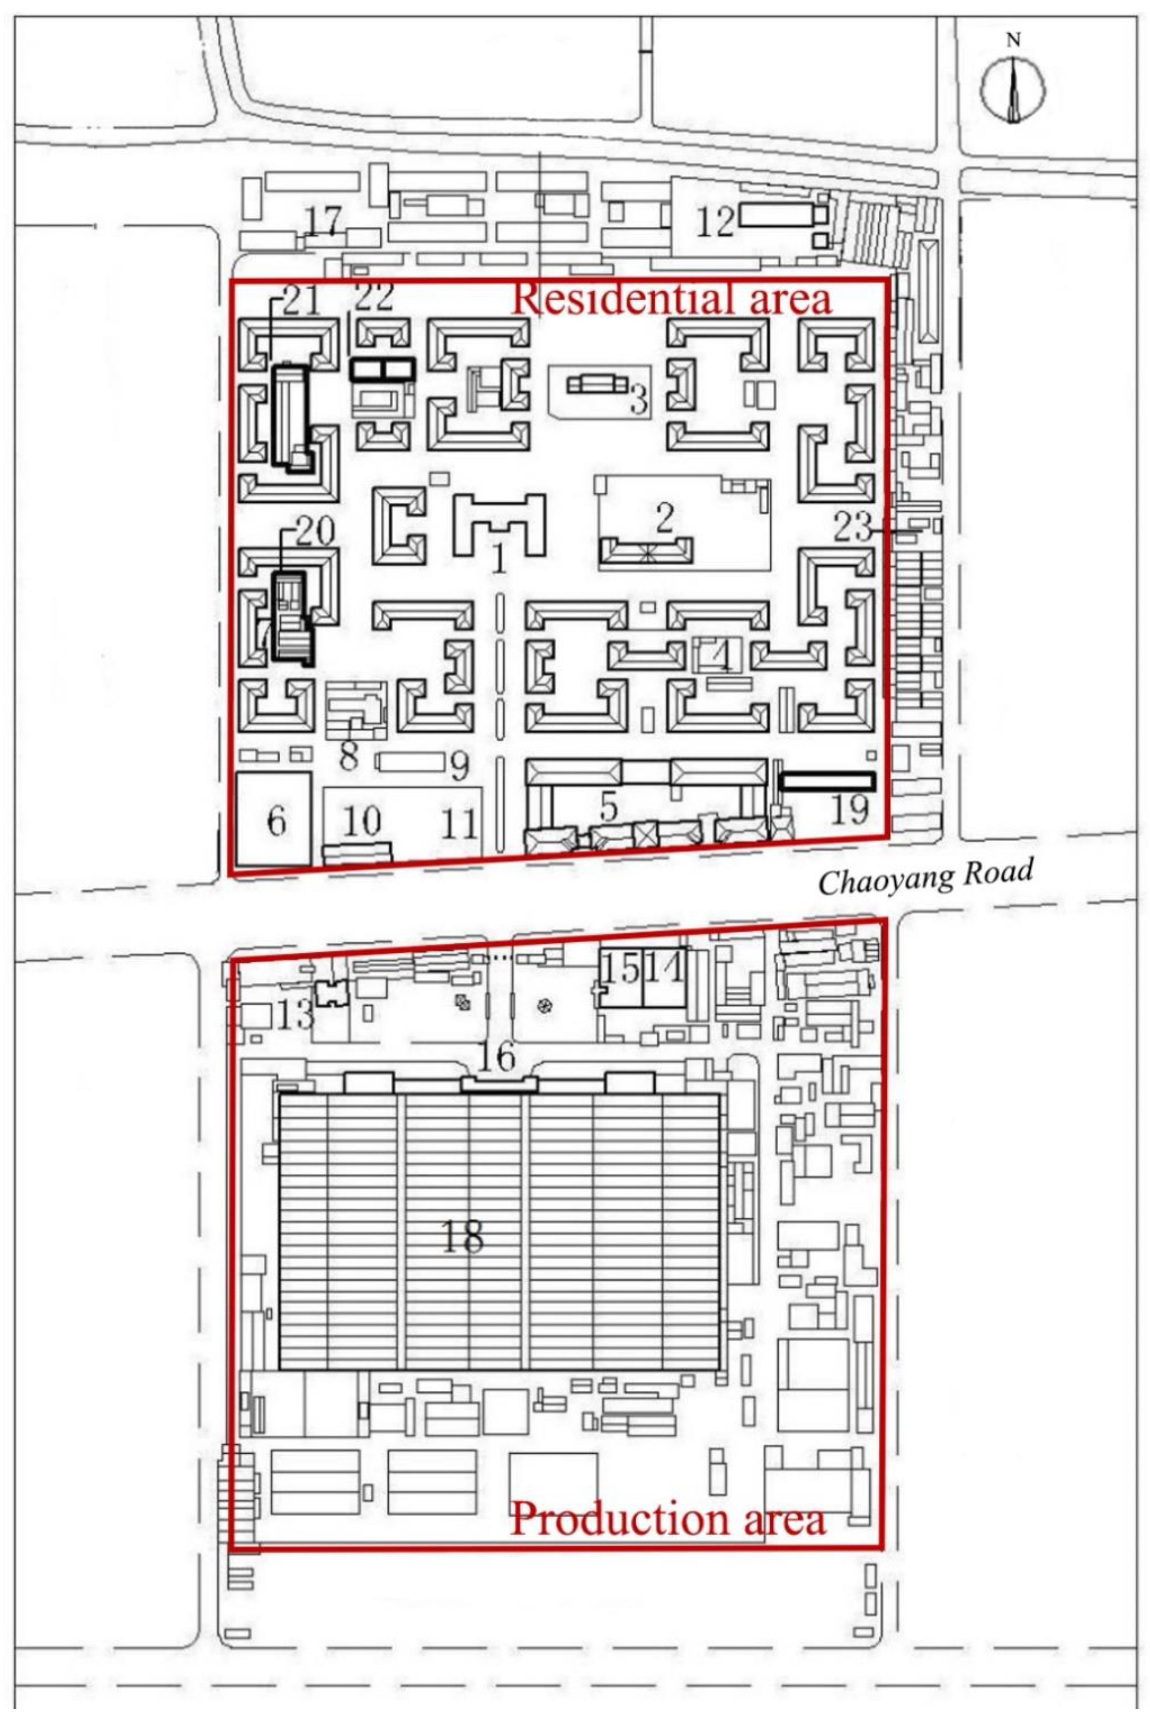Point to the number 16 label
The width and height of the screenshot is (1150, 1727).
click(497, 1057)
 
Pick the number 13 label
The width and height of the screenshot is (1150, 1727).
click(296, 1015)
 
